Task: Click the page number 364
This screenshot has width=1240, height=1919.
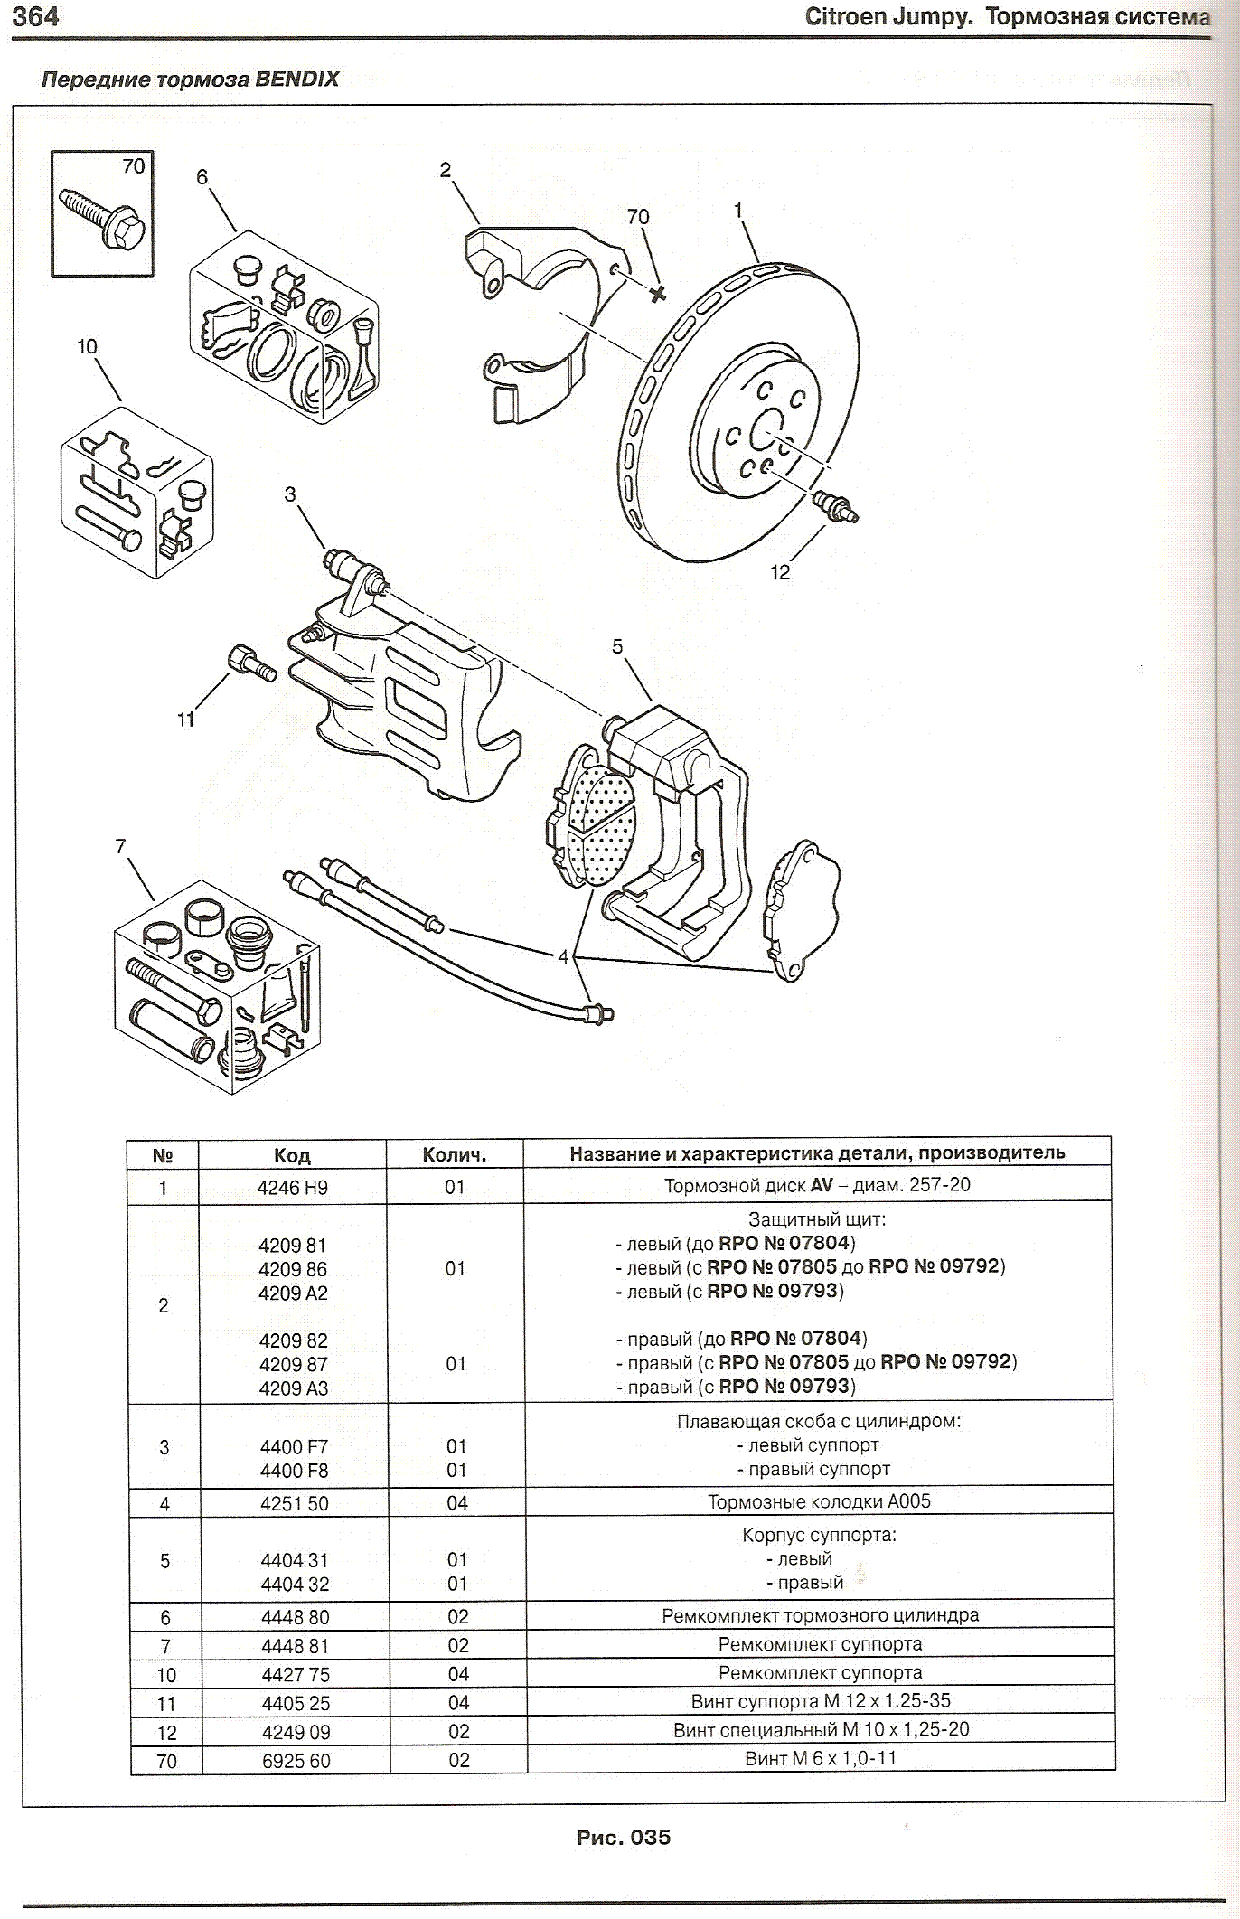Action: [36, 16]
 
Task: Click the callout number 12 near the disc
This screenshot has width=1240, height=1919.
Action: [780, 572]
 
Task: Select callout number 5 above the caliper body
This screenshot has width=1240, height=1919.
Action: [617, 646]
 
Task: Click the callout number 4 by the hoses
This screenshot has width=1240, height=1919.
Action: [563, 956]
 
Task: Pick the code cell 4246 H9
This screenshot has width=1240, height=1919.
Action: [292, 1188]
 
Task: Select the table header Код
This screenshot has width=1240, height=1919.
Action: [292, 1155]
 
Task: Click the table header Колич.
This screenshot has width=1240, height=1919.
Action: [455, 1155]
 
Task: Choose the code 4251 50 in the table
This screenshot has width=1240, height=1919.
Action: [294, 1503]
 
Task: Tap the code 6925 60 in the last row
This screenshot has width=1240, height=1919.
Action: [296, 1761]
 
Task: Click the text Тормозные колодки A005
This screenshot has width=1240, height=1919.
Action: [819, 1501]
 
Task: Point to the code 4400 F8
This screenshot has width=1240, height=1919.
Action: [294, 1471]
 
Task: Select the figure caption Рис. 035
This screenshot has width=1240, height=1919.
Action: [624, 1837]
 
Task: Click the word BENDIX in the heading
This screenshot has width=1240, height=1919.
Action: [296, 79]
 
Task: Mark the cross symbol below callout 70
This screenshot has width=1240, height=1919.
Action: [658, 293]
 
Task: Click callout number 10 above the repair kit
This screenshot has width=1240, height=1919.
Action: [87, 346]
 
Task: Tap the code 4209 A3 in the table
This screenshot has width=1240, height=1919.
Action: [294, 1388]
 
